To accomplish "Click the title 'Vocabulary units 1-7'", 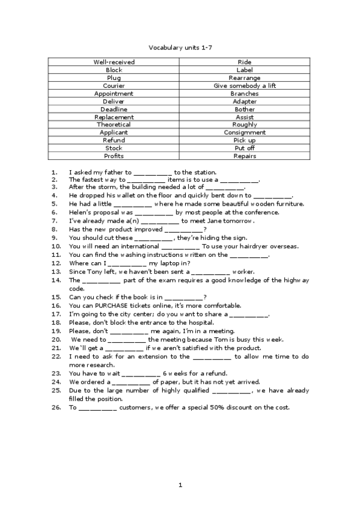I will [180, 46].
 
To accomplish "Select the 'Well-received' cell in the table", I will [114, 62].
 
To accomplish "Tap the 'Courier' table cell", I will [114, 85].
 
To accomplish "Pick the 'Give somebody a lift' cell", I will [245, 85].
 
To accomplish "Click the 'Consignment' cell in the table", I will [245, 132].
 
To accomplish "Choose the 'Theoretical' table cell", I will [114, 124].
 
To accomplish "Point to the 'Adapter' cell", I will [245, 101].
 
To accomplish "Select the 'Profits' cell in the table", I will [114, 156].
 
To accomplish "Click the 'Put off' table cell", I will [245, 148].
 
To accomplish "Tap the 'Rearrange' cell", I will [245, 78].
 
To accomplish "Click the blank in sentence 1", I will [153, 173].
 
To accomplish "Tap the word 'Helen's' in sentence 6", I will [81, 212].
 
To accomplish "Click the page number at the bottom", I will [180, 485].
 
